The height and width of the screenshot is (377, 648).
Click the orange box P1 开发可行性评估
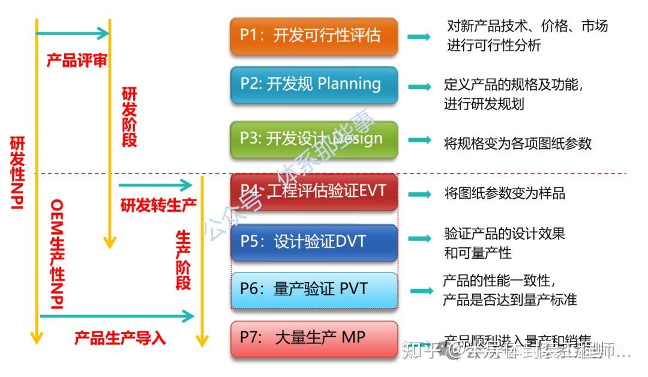coord(314,36)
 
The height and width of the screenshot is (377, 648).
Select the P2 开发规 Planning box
coord(314,84)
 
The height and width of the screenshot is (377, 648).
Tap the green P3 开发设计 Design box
coord(314,139)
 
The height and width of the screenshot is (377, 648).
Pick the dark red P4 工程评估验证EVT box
coord(314,192)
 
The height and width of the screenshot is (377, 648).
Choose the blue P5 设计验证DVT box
coord(314,242)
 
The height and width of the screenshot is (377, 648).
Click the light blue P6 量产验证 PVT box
coord(314,290)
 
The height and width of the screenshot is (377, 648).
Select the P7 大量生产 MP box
coord(314,339)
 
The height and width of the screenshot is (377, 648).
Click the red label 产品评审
coord(77,61)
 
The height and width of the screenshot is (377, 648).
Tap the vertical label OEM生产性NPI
coord(57,256)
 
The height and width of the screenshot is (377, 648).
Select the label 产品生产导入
coord(119,338)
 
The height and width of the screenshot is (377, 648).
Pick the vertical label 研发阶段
coord(129,117)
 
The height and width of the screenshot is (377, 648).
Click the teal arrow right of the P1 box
coord(419,37)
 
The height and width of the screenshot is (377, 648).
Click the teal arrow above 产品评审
coord(72,33)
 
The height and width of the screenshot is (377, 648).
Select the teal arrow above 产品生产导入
coord(117,316)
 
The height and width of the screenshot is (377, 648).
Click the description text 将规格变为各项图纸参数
coord(517,143)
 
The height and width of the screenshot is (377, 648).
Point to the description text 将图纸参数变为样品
coord(505,193)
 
